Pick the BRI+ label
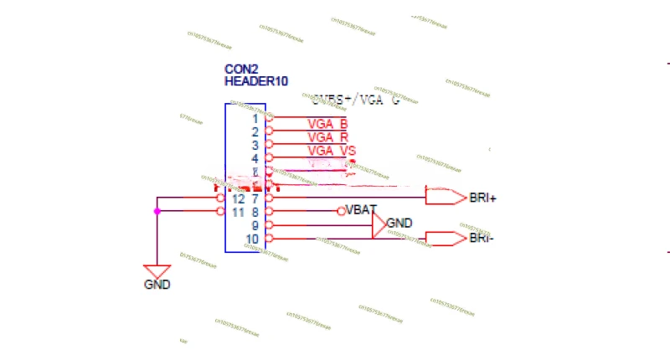[x=483, y=198]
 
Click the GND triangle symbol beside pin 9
[x=379, y=224]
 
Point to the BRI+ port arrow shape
[x=446, y=198]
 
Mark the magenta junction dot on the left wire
[x=157, y=211]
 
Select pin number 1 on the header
[x=255, y=119]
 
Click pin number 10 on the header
[x=252, y=239]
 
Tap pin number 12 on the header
[x=238, y=198]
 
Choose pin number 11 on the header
[x=238, y=212]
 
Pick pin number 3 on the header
[x=255, y=146]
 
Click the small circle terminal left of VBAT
[x=341, y=211]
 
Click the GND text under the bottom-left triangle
[x=157, y=285]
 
